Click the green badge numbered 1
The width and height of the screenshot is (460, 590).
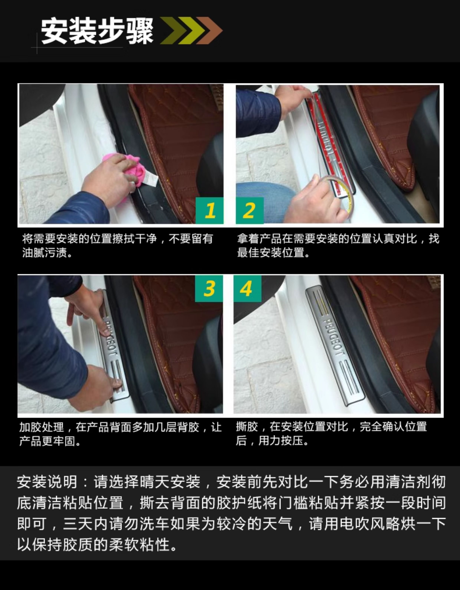click(210, 211)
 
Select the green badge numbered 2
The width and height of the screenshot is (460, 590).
click(250, 211)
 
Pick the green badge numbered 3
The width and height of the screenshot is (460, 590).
click(209, 288)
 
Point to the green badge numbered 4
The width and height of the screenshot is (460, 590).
click(247, 288)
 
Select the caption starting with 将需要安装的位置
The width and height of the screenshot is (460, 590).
click(118, 246)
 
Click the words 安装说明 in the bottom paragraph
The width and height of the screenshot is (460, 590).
click(47, 482)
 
